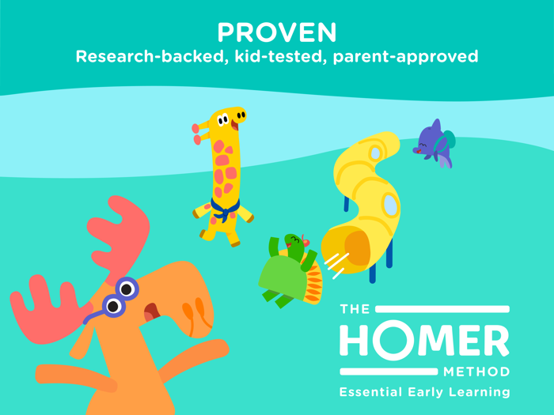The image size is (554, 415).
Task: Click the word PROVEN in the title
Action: [x=277, y=32]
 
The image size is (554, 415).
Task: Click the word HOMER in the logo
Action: [x=424, y=341]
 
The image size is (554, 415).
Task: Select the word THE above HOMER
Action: [x=355, y=309]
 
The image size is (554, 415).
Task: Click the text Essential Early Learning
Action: [x=424, y=392]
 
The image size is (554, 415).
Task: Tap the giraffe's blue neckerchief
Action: [x=224, y=209]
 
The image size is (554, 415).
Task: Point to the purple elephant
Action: [x=434, y=144]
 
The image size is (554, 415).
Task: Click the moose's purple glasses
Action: [x=120, y=296]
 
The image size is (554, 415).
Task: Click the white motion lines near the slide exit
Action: [x=336, y=264]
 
